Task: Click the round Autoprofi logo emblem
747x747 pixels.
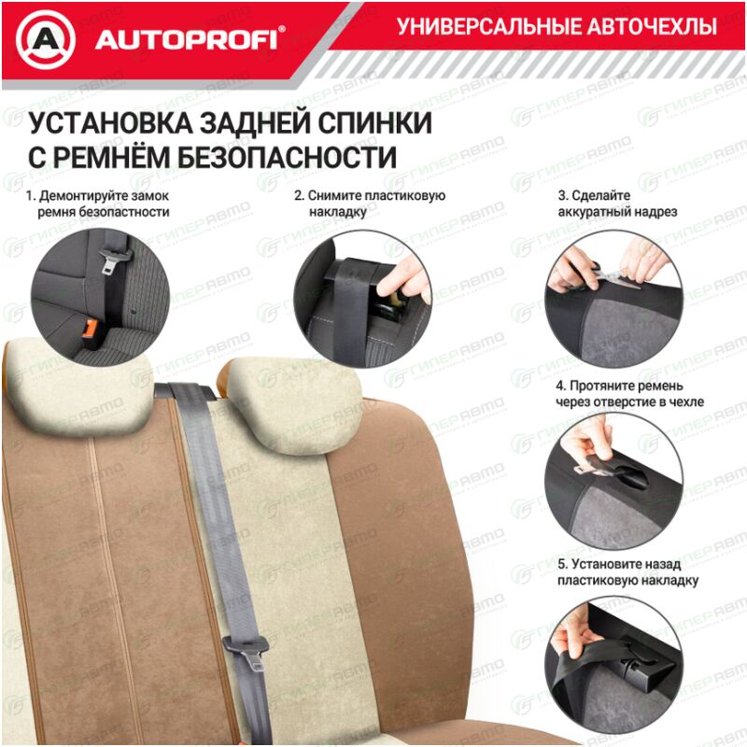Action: pos(46,40)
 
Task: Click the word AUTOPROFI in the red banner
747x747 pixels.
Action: pos(186,40)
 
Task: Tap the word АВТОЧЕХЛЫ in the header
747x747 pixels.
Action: pos(651,26)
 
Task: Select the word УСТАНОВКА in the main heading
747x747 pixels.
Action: pos(110,123)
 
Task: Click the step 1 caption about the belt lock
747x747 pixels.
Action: pos(98,204)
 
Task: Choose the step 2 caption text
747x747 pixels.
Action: pos(370,204)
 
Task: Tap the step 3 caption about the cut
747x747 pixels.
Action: pos(617,204)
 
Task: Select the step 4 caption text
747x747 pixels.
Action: pos(629,393)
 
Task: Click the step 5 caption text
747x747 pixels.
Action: pos(627,572)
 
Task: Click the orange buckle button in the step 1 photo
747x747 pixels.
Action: pos(90,329)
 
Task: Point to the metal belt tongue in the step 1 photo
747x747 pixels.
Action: pos(110,262)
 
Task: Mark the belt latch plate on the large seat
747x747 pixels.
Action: pos(247,650)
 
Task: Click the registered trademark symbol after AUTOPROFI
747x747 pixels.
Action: pos(282,29)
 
